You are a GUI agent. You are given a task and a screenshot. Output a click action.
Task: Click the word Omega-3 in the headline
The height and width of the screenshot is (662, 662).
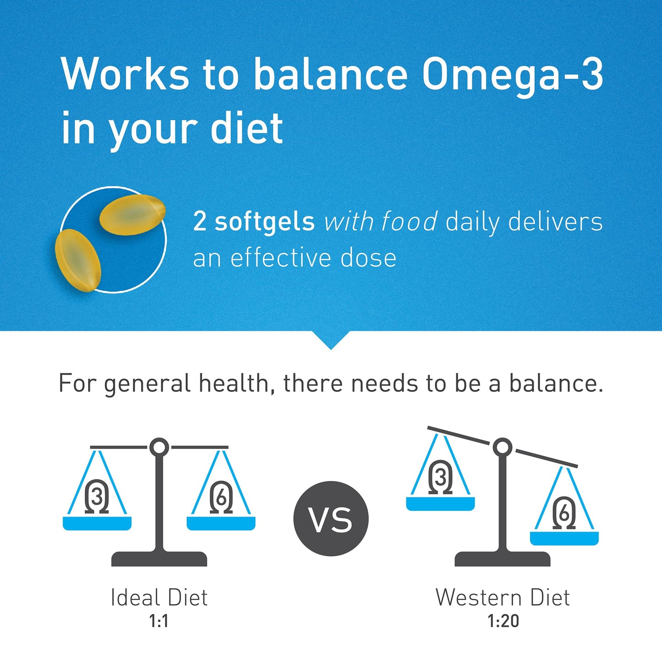512,75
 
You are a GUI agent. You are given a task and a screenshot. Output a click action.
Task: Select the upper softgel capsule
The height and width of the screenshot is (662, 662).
132,214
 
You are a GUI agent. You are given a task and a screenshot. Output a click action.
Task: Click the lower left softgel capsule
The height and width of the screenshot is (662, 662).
78,260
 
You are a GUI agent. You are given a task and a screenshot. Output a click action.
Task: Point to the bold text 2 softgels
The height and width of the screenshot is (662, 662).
254,222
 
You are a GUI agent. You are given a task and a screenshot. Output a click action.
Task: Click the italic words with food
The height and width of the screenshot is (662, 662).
381,222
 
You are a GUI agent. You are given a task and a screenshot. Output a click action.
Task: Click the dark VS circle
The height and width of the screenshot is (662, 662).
331,519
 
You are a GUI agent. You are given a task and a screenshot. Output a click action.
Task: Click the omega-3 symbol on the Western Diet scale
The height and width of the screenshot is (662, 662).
440,477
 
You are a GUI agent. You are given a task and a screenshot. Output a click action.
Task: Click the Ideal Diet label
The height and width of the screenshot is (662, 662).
159,597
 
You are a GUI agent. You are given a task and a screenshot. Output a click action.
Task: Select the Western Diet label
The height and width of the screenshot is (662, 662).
503,597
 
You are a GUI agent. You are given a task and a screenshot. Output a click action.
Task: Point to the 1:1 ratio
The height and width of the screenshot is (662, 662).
159,621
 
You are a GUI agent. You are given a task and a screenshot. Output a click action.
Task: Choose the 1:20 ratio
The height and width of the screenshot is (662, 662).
503,621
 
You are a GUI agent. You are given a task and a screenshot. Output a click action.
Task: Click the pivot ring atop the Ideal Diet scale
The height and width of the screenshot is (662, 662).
159,447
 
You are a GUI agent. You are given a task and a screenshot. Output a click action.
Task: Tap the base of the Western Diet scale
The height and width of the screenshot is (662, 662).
503,559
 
